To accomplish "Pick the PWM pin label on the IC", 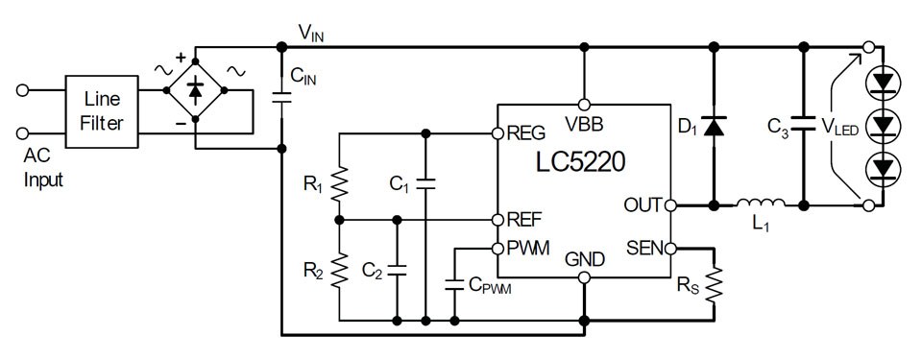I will (x=527, y=249).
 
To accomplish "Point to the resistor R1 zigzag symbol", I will (x=339, y=185).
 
